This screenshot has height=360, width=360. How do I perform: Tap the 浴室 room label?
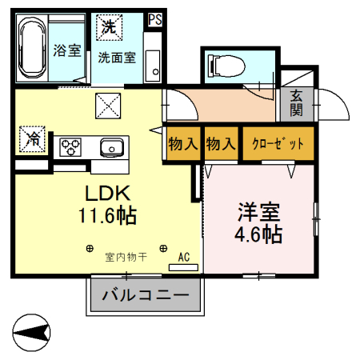(x=66, y=50)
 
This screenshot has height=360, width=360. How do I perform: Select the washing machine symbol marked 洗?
(x=108, y=27)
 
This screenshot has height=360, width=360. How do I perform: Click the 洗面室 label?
(x=117, y=58)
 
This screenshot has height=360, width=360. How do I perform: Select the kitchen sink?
(x=111, y=147)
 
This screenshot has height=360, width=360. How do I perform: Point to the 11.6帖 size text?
(x=107, y=214)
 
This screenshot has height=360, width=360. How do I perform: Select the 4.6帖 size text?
(x=258, y=234)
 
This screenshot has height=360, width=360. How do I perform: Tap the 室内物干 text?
(x=126, y=257)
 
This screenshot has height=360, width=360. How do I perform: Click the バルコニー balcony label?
(x=146, y=296)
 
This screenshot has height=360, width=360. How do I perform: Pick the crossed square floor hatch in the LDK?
(x=109, y=105)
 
